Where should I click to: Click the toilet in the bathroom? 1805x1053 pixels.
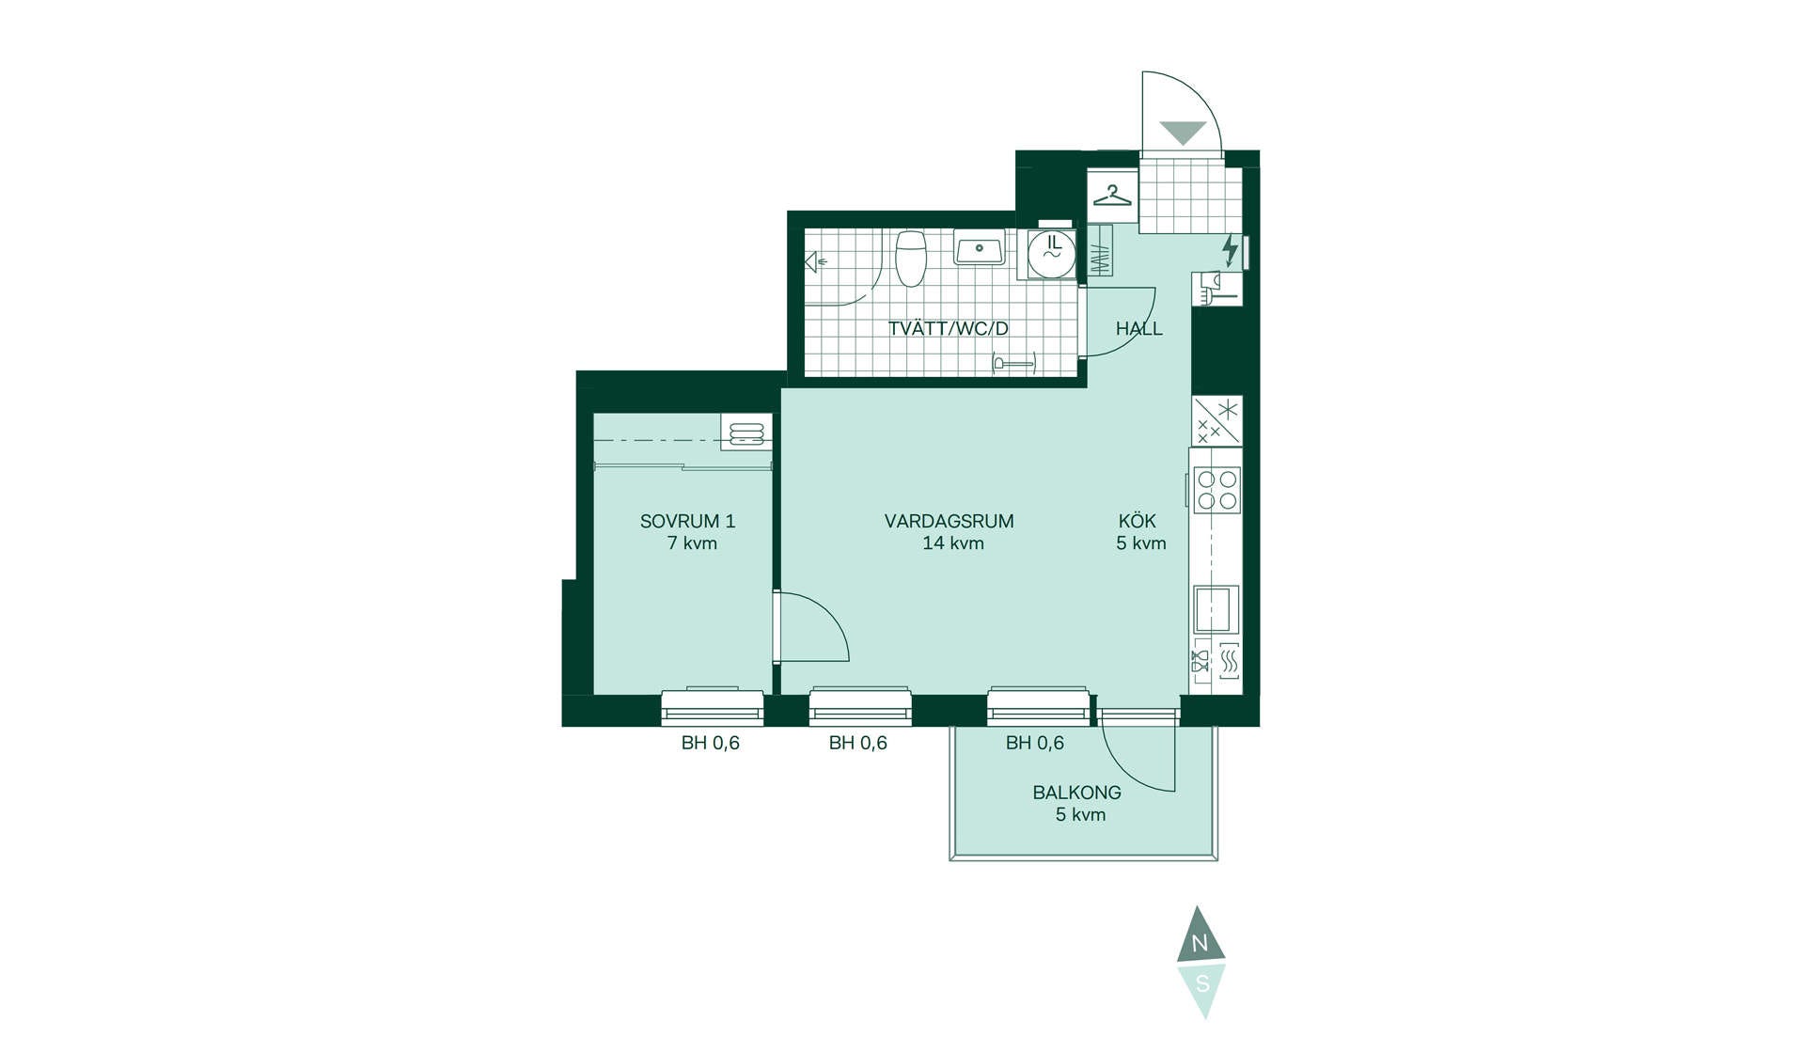click(911, 258)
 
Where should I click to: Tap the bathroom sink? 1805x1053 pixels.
click(980, 248)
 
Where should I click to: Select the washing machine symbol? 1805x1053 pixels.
click(1051, 252)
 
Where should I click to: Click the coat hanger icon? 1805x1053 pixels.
click(1112, 196)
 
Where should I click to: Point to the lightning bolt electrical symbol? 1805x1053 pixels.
click(1229, 249)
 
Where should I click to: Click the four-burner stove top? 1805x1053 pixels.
click(1217, 490)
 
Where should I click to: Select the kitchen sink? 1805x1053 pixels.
click(1216, 609)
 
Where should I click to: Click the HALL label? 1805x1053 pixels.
click(1138, 329)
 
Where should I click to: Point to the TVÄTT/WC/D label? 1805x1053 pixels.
click(948, 329)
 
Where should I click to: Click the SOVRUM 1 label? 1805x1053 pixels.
click(687, 521)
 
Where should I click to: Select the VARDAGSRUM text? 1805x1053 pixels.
click(949, 521)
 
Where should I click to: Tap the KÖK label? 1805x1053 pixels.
click(1138, 520)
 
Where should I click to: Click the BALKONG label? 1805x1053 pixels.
click(1076, 793)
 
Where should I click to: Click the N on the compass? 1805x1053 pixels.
click(1200, 944)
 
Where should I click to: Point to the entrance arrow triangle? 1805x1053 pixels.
click(1183, 133)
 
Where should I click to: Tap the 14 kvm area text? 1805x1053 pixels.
click(953, 543)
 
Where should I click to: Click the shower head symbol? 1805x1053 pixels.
click(813, 262)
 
